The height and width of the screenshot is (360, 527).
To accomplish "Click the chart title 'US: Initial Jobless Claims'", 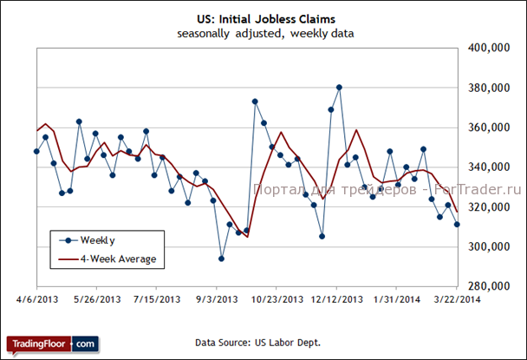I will coord(263,16).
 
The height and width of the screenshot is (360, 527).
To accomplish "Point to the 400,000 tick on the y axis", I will coord(488,49).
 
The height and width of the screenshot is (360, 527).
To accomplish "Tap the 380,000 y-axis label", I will coord(488,88).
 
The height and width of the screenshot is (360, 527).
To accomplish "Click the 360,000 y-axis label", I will coord(488,128).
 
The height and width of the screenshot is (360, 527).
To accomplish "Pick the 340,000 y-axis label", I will coord(488,167).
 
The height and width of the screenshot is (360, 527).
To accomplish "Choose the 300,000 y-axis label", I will coord(488,247).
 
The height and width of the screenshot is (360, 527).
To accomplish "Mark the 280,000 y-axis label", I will coord(488,286).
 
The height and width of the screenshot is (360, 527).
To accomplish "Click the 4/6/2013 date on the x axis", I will coord(36,300).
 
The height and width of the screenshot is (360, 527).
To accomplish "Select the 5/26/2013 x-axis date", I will coord(97,300).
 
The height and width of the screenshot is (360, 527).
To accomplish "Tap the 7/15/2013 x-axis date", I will coord(157,300).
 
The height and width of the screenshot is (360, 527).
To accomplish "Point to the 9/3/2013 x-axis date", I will coord(218,300).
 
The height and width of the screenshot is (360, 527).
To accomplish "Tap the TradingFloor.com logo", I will coord(52,344).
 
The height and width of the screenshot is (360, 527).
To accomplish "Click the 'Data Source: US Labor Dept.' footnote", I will coord(258,344).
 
